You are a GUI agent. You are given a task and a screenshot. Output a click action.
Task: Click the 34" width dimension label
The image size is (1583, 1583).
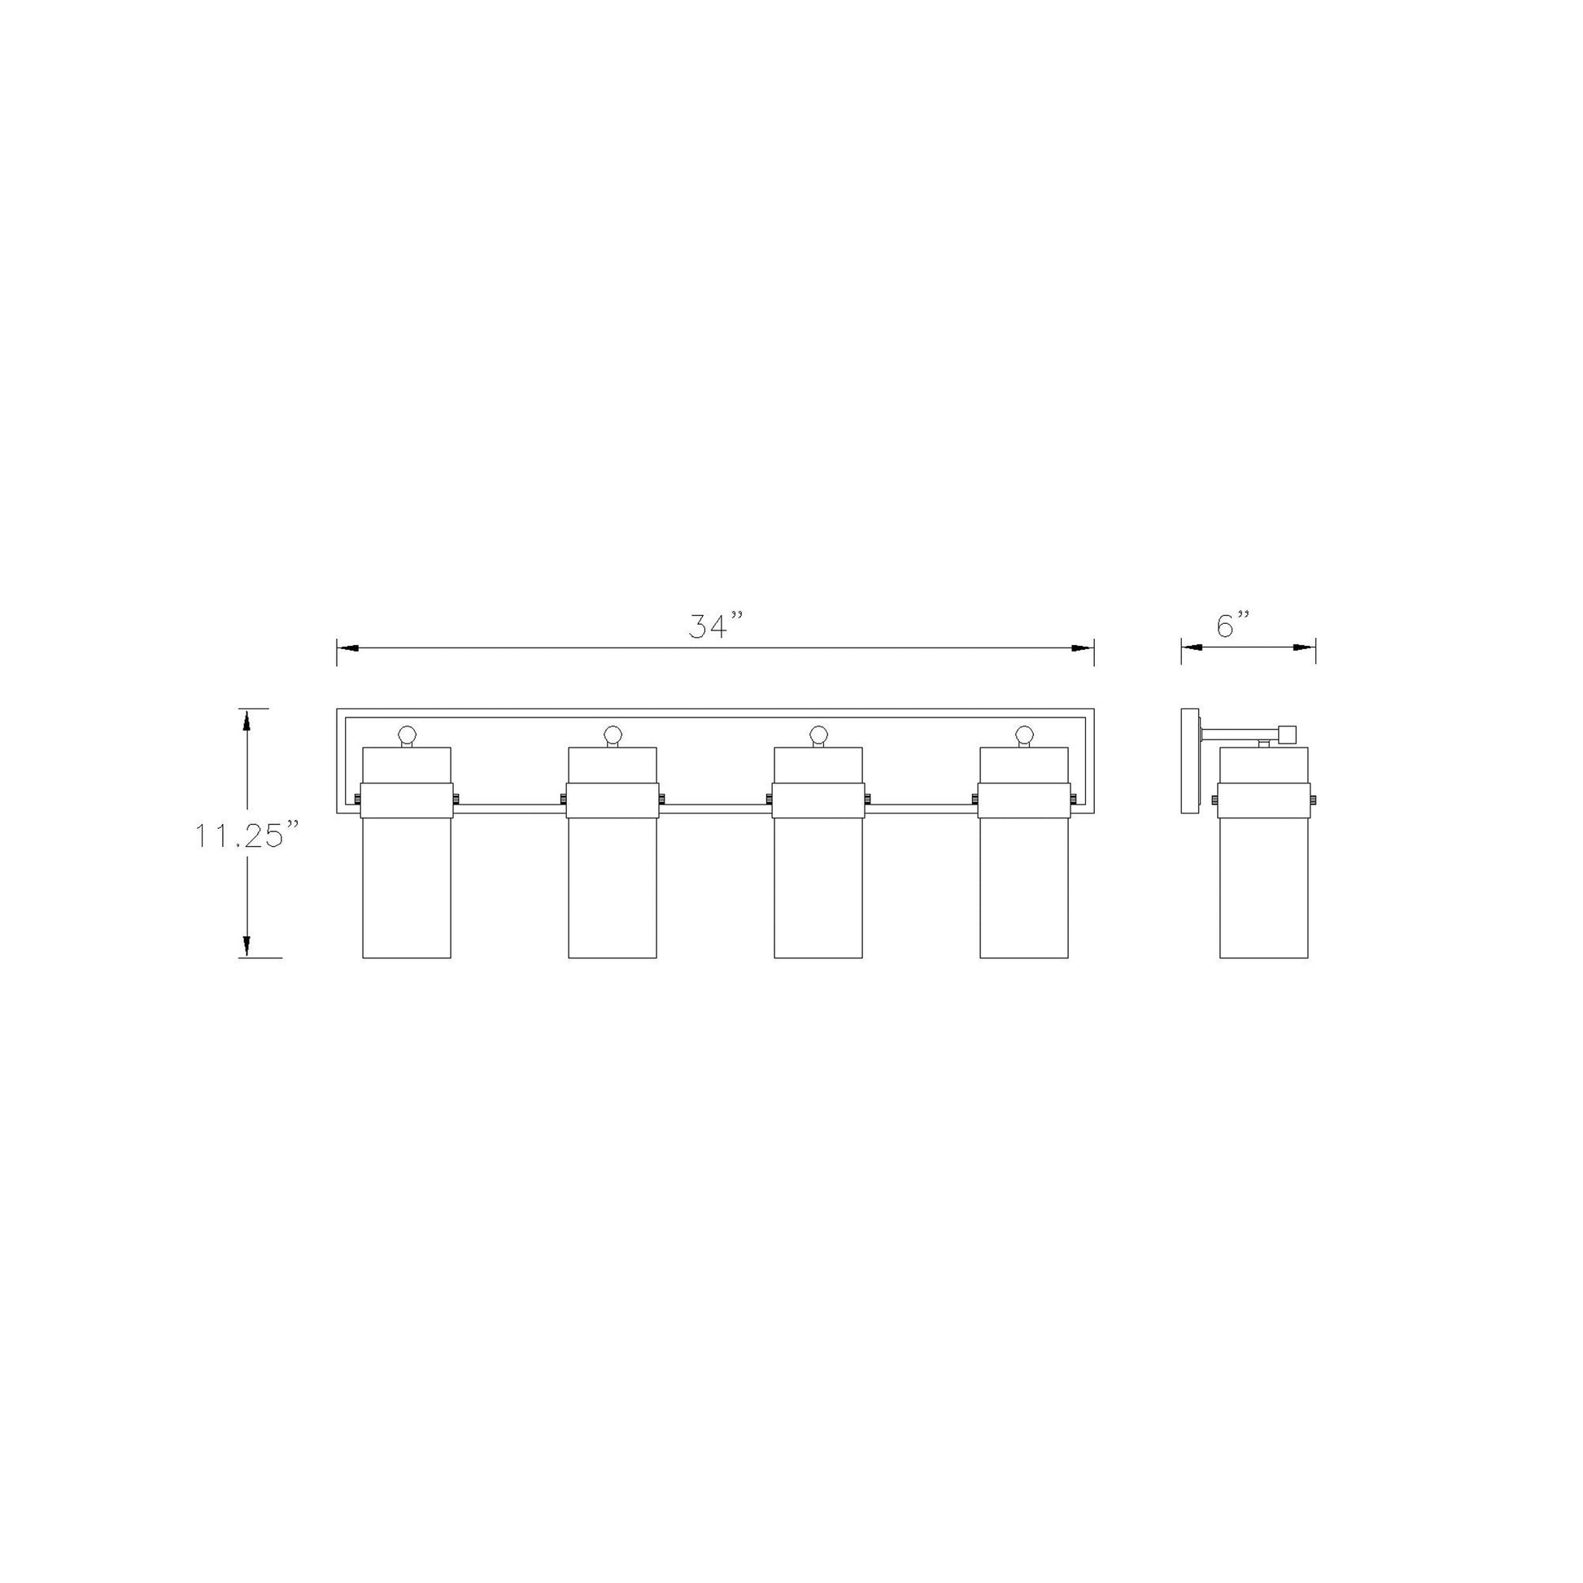tap(714, 627)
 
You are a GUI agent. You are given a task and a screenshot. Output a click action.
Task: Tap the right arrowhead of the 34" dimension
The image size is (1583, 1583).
tap(1084, 648)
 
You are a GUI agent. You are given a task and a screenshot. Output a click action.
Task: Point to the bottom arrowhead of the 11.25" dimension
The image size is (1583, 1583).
tap(245, 945)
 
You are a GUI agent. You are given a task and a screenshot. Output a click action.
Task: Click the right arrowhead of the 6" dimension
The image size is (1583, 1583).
tap(1305, 648)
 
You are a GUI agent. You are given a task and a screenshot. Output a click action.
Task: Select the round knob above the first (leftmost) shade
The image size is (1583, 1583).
tap(408, 733)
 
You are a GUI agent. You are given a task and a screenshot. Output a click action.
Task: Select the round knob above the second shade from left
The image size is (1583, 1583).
tap(613, 733)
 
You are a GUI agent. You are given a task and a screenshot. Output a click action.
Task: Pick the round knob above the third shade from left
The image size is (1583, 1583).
tap(818, 733)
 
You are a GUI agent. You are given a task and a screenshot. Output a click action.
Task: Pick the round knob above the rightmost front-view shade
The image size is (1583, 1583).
tap(1024, 733)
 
